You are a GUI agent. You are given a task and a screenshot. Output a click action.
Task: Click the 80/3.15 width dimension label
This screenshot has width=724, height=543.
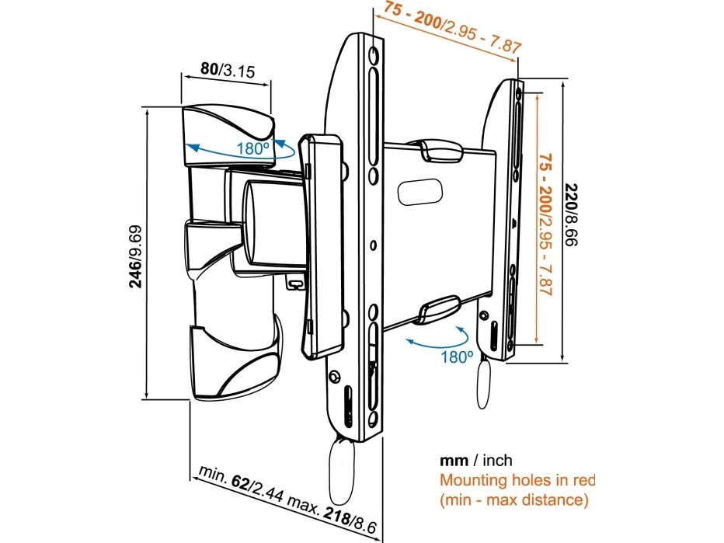[x=228, y=70]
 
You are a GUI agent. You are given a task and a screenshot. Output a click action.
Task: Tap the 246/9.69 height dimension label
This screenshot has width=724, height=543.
[x=135, y=256]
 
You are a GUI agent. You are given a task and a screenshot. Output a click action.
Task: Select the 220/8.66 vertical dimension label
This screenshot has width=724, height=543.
[x=572, y=214]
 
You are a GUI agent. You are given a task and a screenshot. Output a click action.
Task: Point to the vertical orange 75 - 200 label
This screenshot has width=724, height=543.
[x=545, y=184]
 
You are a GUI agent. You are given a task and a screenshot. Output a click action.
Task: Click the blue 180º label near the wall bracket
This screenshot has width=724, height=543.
[x=252, y=148]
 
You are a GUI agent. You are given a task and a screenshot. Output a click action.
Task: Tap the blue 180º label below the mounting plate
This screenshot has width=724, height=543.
[x=457, y=357]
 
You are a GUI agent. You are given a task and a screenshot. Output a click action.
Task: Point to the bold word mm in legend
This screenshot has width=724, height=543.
[x=454, y=461]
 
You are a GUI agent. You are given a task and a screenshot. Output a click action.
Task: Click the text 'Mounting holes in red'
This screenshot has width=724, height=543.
[x=517, y=480]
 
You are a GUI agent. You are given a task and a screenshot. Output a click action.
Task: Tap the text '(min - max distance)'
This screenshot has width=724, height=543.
[x=514, y=500]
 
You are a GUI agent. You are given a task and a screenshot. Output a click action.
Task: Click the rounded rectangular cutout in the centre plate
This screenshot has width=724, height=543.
[x=420, y=191]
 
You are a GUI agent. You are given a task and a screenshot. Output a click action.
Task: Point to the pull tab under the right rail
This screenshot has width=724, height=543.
[x=483, y=381]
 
